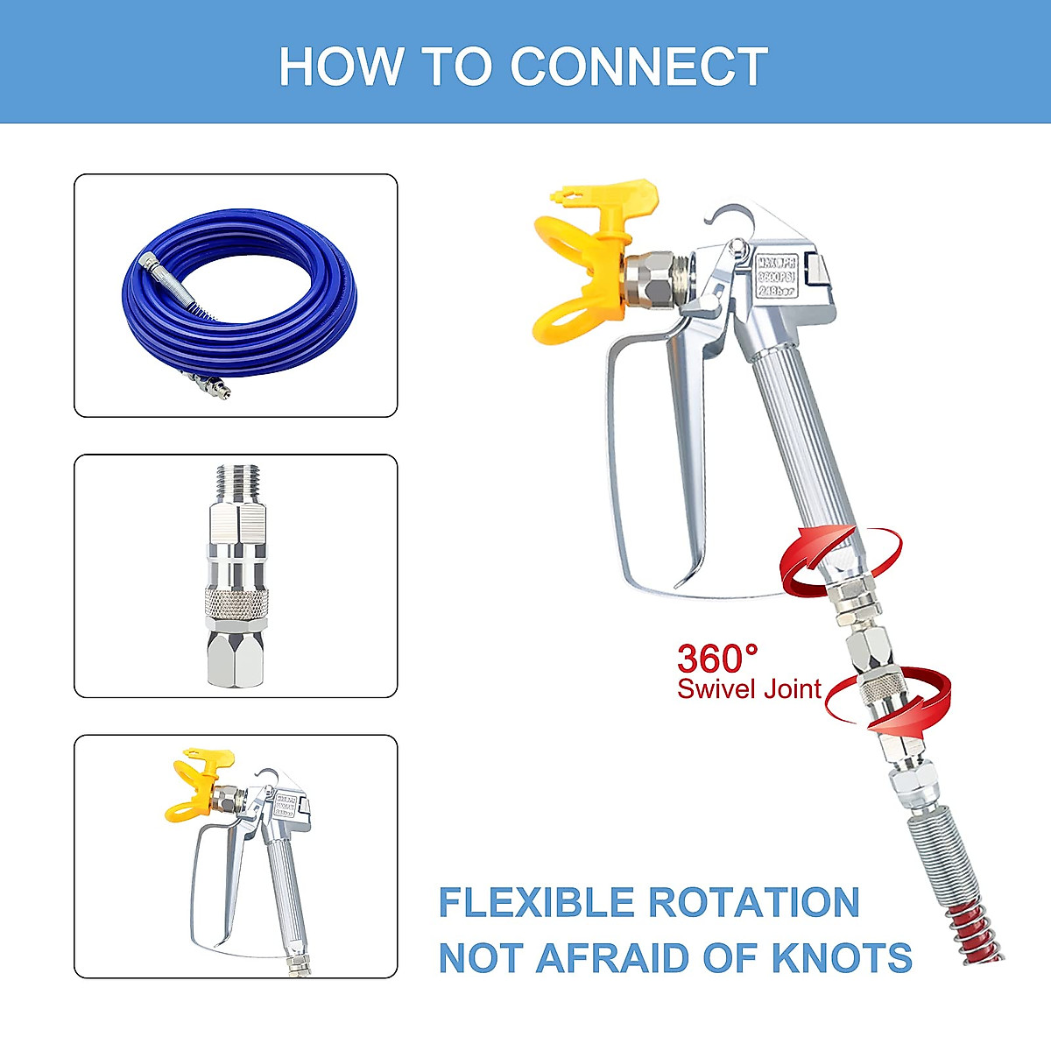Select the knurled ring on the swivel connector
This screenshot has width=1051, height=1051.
coord(236,600)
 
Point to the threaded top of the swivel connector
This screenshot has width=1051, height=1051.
coord(236,482)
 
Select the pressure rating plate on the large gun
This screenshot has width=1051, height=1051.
coord(775,276)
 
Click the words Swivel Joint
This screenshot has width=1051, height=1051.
coord(749,689)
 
